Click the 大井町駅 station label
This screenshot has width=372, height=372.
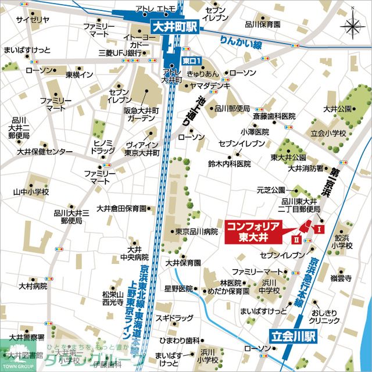174,26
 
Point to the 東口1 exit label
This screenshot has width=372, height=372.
191,60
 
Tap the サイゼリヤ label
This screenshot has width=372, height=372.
31,20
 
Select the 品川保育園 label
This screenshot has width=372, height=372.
263,24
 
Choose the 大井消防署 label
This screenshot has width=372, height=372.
306,169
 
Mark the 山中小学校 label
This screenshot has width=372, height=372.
31,192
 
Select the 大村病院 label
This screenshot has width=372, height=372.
32,286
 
